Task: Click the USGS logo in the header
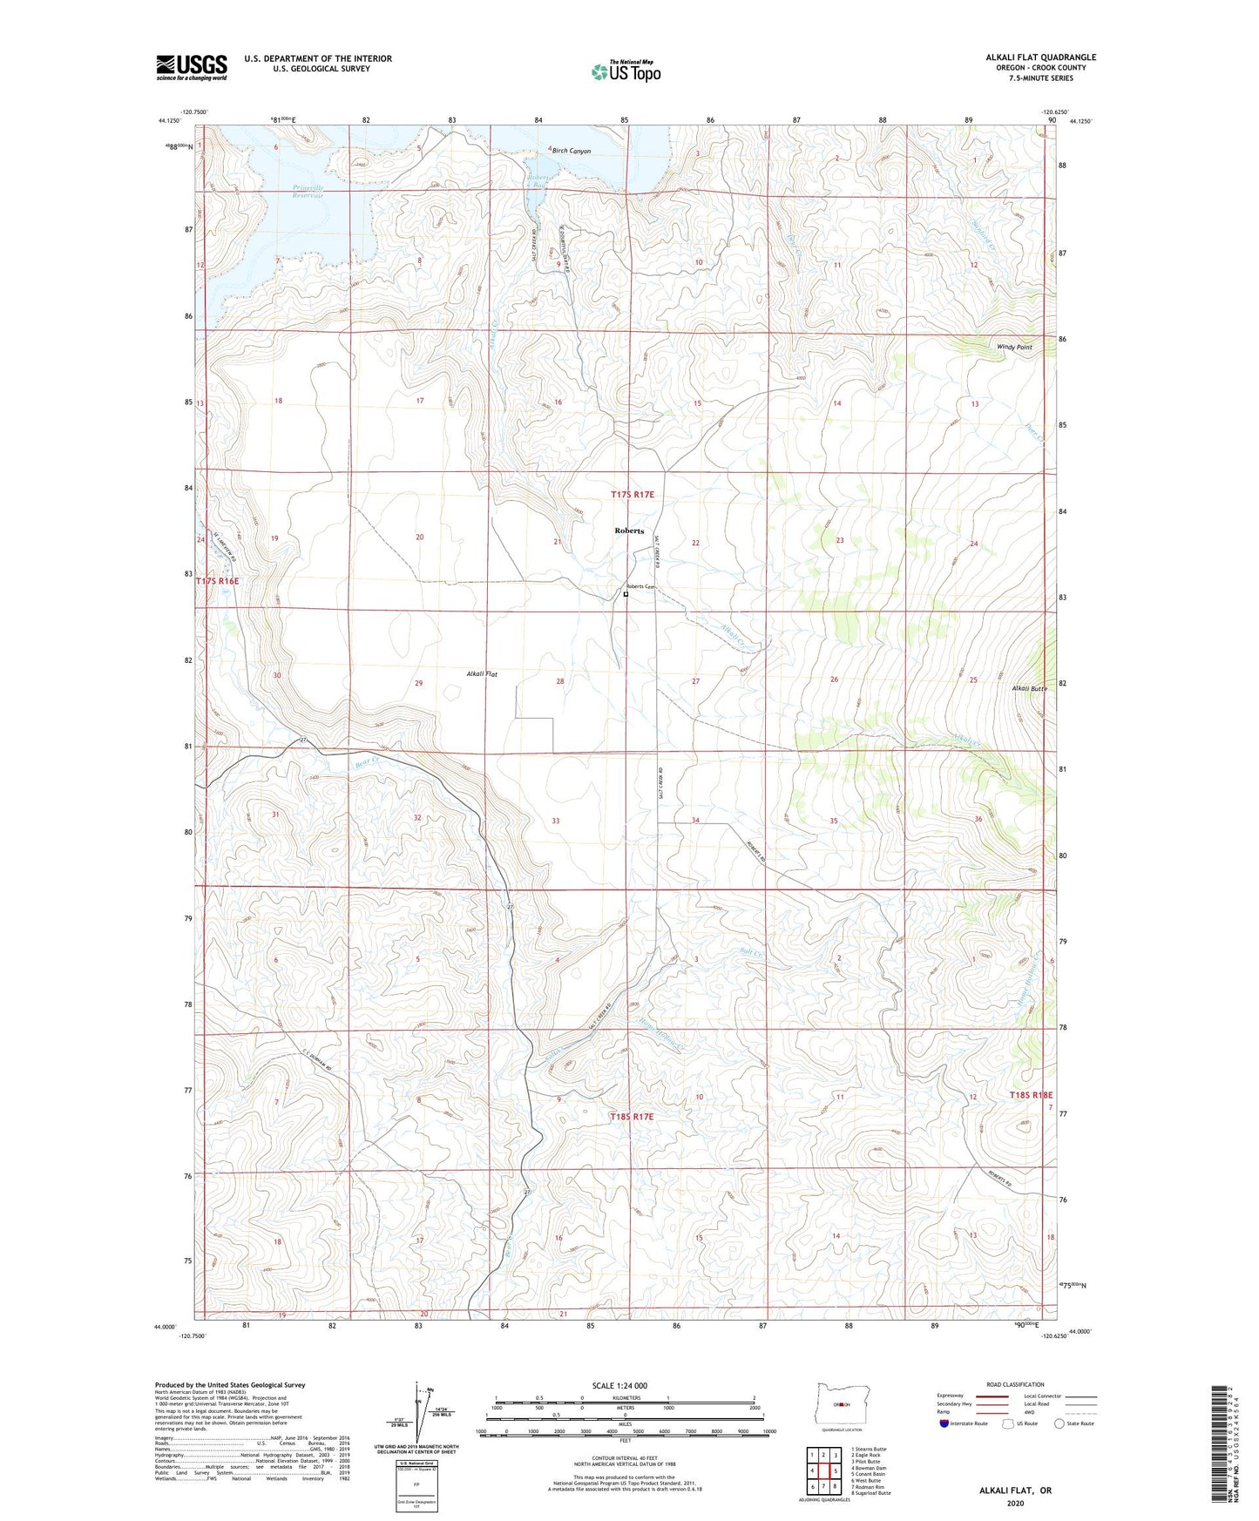pos(192,66)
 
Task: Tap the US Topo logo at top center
pos(625,71)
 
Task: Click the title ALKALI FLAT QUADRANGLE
pos(1040,57)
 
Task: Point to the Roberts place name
pos(628,531)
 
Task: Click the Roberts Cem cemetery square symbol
pos(626,595)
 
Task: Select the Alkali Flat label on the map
pos(482,674)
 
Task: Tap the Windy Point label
pos(1014,347)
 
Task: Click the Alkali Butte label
pos(1028,688)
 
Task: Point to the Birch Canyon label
pos(571,151)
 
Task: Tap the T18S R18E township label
pos(1031,1095)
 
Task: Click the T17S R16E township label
pos(217,580)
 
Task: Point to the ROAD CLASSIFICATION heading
pos(1014,1384)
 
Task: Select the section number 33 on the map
pos(555,821)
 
